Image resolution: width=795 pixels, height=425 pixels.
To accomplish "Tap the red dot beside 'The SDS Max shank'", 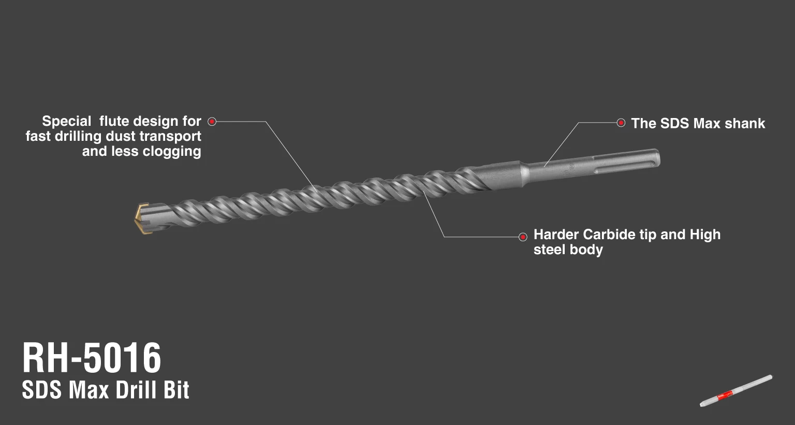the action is pos(621,123).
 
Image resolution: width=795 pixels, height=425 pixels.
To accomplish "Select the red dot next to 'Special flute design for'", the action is pos(212,122).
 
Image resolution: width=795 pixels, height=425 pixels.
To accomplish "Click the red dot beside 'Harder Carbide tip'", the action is pos(523,237).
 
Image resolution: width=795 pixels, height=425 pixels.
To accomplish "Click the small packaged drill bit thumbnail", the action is pos(735,390).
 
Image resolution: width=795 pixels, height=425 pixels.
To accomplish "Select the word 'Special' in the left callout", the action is pos(66,122).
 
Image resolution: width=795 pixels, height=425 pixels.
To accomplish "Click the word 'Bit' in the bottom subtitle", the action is pos(176,390).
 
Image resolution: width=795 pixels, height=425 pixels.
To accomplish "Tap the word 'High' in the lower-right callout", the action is pos(705,235).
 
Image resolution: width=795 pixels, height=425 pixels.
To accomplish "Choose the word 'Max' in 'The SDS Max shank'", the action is pos(706,123).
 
